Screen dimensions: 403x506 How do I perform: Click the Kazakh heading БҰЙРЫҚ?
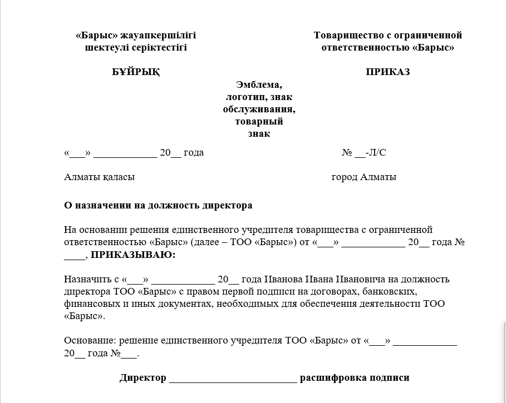tap(136, 72)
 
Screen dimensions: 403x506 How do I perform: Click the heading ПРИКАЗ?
tap(387, 72)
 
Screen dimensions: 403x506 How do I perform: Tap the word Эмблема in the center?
tap(259, 85)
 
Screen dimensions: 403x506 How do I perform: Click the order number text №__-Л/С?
tap(363, 153)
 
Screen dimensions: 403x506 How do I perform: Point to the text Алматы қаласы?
tap(100, 177)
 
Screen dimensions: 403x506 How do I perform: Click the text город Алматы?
tap(363, 177)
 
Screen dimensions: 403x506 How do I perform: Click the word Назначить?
tap(84, 279)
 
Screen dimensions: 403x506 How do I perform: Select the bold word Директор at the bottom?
tap(143, 378)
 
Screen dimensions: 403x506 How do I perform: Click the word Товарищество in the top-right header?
tap(345, 36)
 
